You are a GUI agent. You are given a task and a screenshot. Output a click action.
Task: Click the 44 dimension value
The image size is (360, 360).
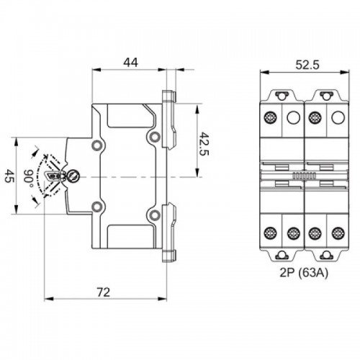point(130,62)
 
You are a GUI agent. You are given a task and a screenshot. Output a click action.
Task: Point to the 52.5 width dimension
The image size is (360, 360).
point(305,64)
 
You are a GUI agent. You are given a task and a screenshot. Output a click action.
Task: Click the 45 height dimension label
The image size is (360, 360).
point(9,176)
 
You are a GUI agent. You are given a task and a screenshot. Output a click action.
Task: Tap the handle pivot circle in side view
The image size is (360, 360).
point(73,176)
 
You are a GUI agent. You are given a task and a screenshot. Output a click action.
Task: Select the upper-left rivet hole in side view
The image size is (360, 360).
point(96,145)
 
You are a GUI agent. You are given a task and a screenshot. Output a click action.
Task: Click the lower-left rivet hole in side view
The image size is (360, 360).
point(96,208)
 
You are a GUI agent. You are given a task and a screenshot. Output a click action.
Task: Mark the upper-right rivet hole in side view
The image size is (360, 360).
point(153,137)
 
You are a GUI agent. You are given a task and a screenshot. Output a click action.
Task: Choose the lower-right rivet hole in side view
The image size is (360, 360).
point(153,215)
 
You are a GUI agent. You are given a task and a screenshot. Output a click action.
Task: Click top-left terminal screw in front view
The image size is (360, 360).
point(272,118)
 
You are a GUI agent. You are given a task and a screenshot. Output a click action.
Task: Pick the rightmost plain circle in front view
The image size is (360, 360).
point(336,118)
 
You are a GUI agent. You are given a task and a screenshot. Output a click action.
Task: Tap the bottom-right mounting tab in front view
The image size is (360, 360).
point(326,254)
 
